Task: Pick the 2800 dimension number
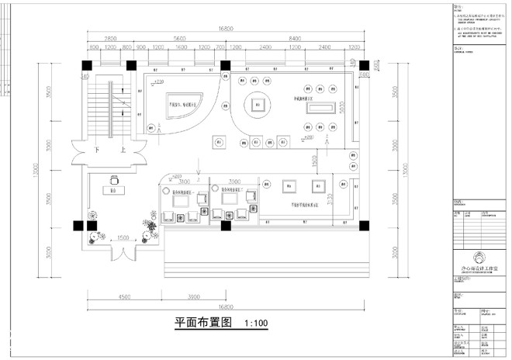point(106,38)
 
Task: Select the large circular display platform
point(258,106)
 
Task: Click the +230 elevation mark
point(159,81)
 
